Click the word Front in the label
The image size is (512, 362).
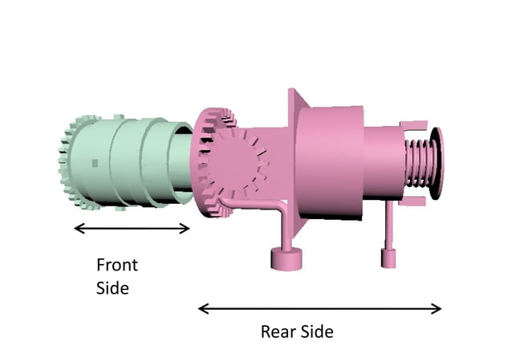[x=117, y=265]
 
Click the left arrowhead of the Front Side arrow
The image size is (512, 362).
[x=77, y=229]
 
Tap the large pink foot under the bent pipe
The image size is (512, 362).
[x=285, y=258]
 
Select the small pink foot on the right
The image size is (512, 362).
[x=389, y=258]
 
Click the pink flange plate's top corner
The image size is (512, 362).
[x=291, y=93]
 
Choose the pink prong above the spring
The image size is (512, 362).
[x=413, y=126]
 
